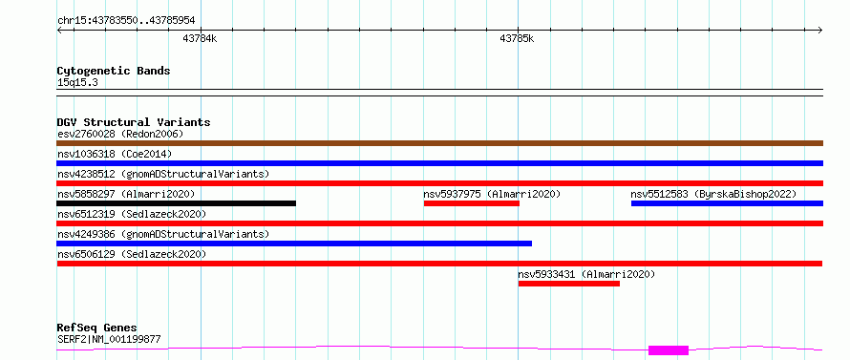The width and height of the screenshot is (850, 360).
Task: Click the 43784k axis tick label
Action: [200, 38]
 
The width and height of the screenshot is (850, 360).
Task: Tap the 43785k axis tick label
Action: [517, 38]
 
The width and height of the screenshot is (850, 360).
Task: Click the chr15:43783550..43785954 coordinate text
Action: [126, 21]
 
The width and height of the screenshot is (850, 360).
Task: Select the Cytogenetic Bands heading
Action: [114, 71]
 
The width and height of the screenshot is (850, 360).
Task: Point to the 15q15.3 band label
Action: [77, 83]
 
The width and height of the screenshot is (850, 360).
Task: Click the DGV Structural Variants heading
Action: [134, 122]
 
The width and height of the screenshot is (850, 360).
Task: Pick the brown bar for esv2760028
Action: [440, 143]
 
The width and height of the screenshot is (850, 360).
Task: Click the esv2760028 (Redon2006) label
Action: [120, 134]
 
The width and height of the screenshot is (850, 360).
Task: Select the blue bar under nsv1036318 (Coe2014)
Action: [440, 163]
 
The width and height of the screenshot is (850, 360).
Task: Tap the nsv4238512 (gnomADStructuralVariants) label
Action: [163, 174]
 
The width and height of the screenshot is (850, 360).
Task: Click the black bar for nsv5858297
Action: [176, 203]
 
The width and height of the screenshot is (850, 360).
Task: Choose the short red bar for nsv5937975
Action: [472, 203]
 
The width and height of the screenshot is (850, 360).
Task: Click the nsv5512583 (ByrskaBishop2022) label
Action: [713, 194]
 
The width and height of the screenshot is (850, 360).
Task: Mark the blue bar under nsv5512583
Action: [727, 203]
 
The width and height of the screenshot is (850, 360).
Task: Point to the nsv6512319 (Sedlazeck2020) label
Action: [132, 214]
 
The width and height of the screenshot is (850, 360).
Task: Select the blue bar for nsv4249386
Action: [294, 244]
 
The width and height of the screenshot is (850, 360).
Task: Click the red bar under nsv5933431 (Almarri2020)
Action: [568, 284]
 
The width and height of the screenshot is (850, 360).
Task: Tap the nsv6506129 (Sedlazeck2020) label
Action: [132, 254]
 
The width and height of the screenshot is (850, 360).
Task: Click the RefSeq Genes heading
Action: [97, 328]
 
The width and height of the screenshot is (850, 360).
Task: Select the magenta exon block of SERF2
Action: [669, 350]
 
